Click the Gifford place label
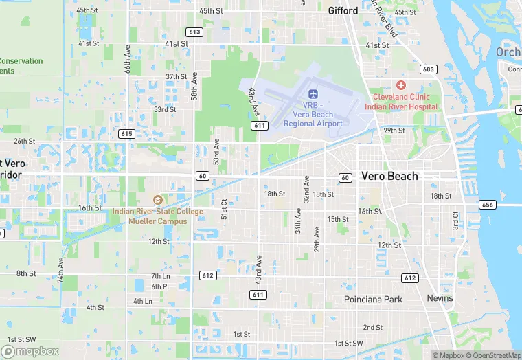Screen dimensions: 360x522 pyautogui.click(x=343, y=11)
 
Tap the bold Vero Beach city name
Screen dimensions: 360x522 pyautogui.click(x=389, y=176)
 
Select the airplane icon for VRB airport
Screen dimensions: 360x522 pyautogui.click(x=314, y=93)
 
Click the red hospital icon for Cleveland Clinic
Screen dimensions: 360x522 pyautogui.click(x=400, y=85)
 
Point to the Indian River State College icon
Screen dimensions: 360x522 pyautogui.click(x=158, y=200)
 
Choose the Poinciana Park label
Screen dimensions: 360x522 pyautogui.click(x=373, y=300)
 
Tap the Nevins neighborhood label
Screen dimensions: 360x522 pyautogui.click(x=440, y=298)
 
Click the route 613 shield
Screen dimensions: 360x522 pyautogui.click(x=194, y=32)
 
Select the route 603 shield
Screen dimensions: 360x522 pyautogui.click(x=429, y=69)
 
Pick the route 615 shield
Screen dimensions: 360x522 pyautogui.click(x=126, y=133)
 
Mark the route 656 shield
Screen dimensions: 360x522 pyautogui.click(x=488, y=205)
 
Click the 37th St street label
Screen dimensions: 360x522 pyautogui.click(x=176, y=76)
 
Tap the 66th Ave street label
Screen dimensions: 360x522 pyautogui.click(x=127, y=60)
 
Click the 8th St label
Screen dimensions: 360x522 pyautogui.click(x=26, y=273)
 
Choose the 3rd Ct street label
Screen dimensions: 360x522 pyautogui.click(x=455, y=221)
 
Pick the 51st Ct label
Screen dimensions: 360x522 pyautogui.click(x=224, y=209)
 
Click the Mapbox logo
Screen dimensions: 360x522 pyautogui.click(x=33, y=351)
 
